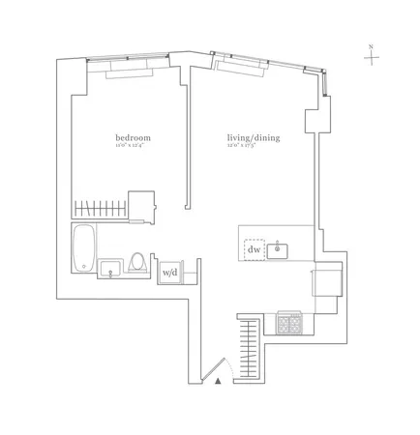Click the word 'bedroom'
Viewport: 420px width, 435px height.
(x=132, y=138)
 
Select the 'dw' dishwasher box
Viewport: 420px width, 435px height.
(x=255, y=249)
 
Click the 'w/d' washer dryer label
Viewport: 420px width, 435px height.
(x=169, y=272)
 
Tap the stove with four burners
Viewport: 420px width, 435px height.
(x=289, y=323)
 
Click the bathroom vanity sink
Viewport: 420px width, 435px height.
(x=110, y=268)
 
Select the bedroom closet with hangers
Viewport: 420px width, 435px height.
(x=102, y=208)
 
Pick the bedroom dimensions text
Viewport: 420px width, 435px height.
(x=132, y=147)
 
